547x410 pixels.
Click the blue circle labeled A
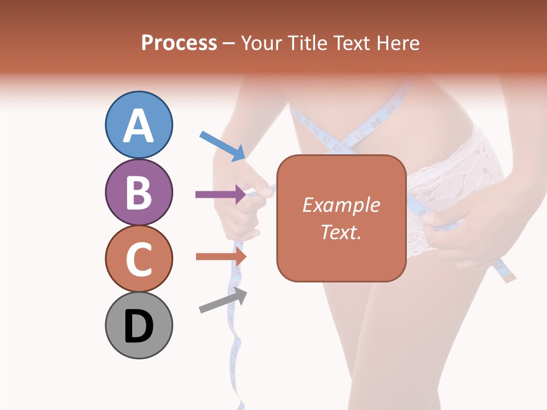tap(139, 125)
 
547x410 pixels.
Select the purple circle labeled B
tap(139, 192)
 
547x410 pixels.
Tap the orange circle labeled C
tap(139, 259)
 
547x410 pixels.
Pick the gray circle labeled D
tap(139, 325)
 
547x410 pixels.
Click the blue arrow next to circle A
tap(222, 146)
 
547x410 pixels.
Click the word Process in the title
tap(179, 43)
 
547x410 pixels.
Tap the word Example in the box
tap(341, 206)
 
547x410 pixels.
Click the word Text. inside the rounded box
tap(341, 232)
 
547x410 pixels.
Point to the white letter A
tap(139, 126)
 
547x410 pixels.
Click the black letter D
tap(139, 326)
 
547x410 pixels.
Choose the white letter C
tap(139, 259)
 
